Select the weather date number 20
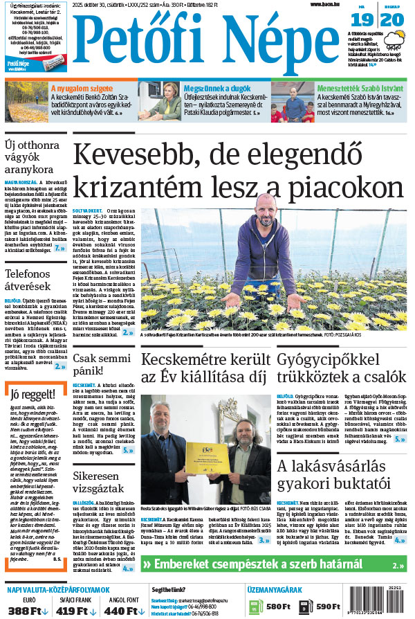[x=392, y=21]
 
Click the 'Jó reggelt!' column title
[x=33, y=395]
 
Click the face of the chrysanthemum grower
[x=262, y=208]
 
